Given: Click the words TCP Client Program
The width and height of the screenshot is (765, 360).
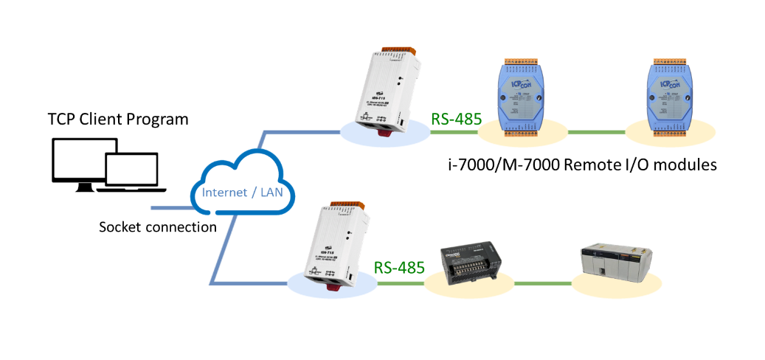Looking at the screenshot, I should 118,120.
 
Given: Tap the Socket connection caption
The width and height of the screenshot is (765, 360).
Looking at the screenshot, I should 158,226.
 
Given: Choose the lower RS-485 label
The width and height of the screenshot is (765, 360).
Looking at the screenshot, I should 399,266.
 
